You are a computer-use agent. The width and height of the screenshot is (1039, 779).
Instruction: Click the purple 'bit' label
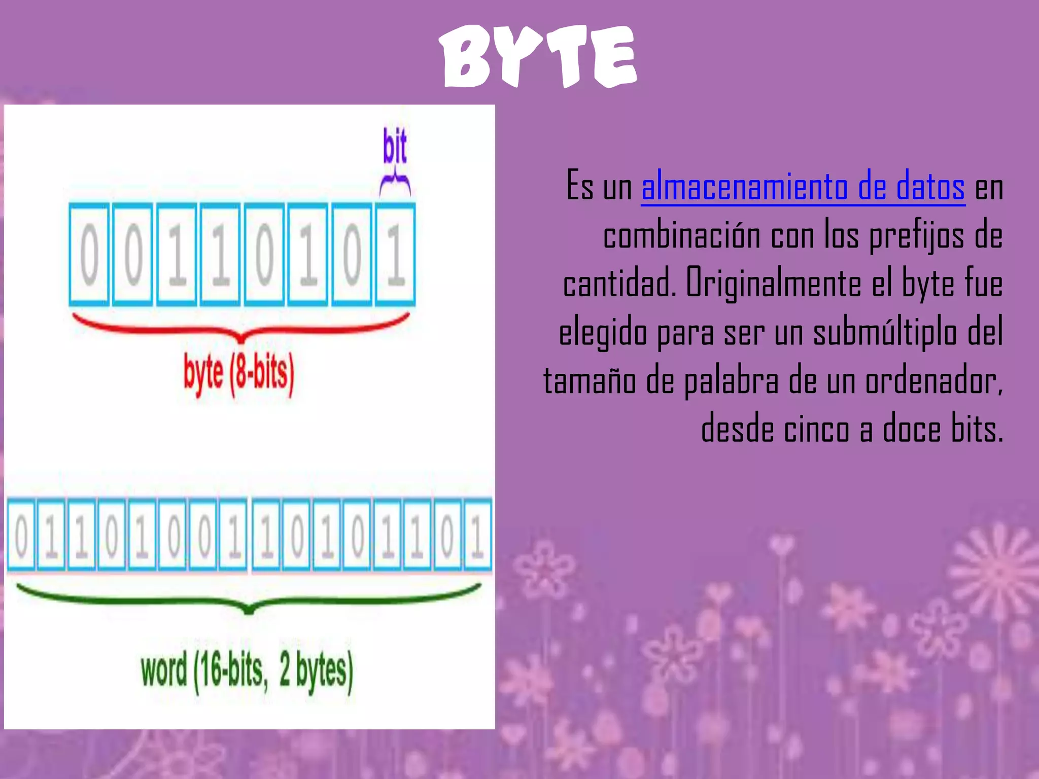point(395,146)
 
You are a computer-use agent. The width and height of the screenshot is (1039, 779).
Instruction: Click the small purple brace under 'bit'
point(395,184)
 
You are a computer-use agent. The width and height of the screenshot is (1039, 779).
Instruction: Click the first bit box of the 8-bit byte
point(89,254)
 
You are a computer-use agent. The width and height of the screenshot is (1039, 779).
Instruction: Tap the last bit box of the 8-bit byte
point(396,254)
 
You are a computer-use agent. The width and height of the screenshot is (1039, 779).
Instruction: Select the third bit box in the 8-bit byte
point(177,254)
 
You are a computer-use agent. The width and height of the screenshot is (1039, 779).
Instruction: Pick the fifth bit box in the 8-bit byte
point(264,254)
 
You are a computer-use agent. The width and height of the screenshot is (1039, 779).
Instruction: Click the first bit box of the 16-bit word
point(21,536)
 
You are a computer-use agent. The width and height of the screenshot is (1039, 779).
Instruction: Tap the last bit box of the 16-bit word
point(477,536)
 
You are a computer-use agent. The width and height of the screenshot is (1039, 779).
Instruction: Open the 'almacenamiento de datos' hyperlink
point(803,187)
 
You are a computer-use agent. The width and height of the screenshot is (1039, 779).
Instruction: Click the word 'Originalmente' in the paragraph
point(773,283)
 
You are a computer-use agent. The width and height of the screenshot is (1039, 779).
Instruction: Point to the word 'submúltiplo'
point(885,332)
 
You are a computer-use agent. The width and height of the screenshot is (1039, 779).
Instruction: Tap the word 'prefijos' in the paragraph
point(916,235)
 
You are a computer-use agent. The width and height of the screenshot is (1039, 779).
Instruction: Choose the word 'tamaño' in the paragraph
point(590,380)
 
